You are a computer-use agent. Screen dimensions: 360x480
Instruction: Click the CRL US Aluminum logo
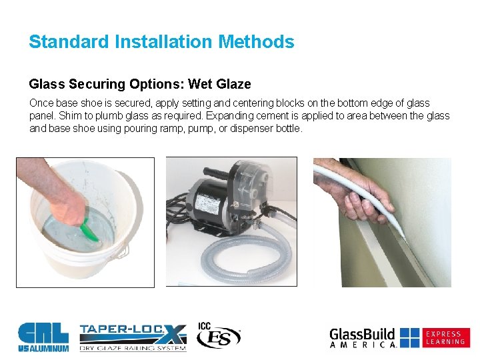pyautogui.click(x=43, y=337)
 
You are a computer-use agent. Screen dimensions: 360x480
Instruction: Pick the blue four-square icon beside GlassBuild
pyautogui.click(x=410, y=337)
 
